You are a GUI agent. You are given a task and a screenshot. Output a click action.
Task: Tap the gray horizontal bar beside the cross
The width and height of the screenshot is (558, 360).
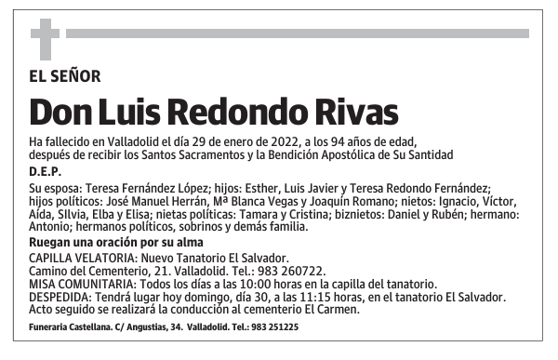pyautogui.click(x=297, y=33)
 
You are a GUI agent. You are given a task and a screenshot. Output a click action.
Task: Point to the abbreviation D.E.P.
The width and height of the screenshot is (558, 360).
pyautogui.click(x=46, y=171)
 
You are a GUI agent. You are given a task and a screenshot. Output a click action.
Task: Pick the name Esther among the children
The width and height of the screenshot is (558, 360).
pyautogui.click(x=260, y=188)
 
